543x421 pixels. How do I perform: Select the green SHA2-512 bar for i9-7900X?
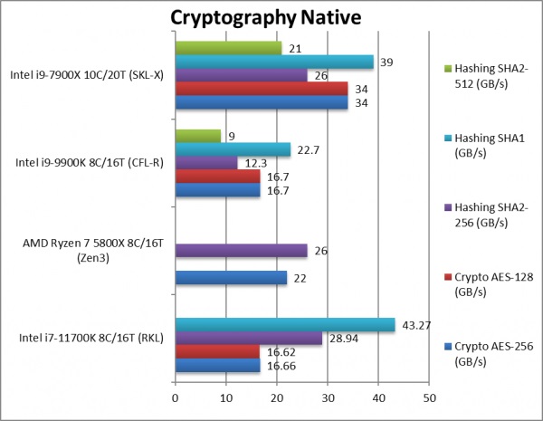[x=228, y=48]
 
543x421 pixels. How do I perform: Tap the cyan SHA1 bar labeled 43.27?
[x=284, y=324]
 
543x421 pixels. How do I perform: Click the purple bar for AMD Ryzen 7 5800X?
[x=241, y=250]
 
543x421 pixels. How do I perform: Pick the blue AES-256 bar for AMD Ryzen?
[x=231, y=279]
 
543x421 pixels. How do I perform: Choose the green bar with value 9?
[x=197, y=136]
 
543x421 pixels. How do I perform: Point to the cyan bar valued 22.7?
[x=233, y=149]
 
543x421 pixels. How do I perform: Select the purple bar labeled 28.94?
[x=248, y=338]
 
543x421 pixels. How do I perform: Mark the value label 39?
[x=386, y=62]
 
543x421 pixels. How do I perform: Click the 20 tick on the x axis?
[x=277, y=397]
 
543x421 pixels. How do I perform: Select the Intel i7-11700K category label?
[x=90, y=340]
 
